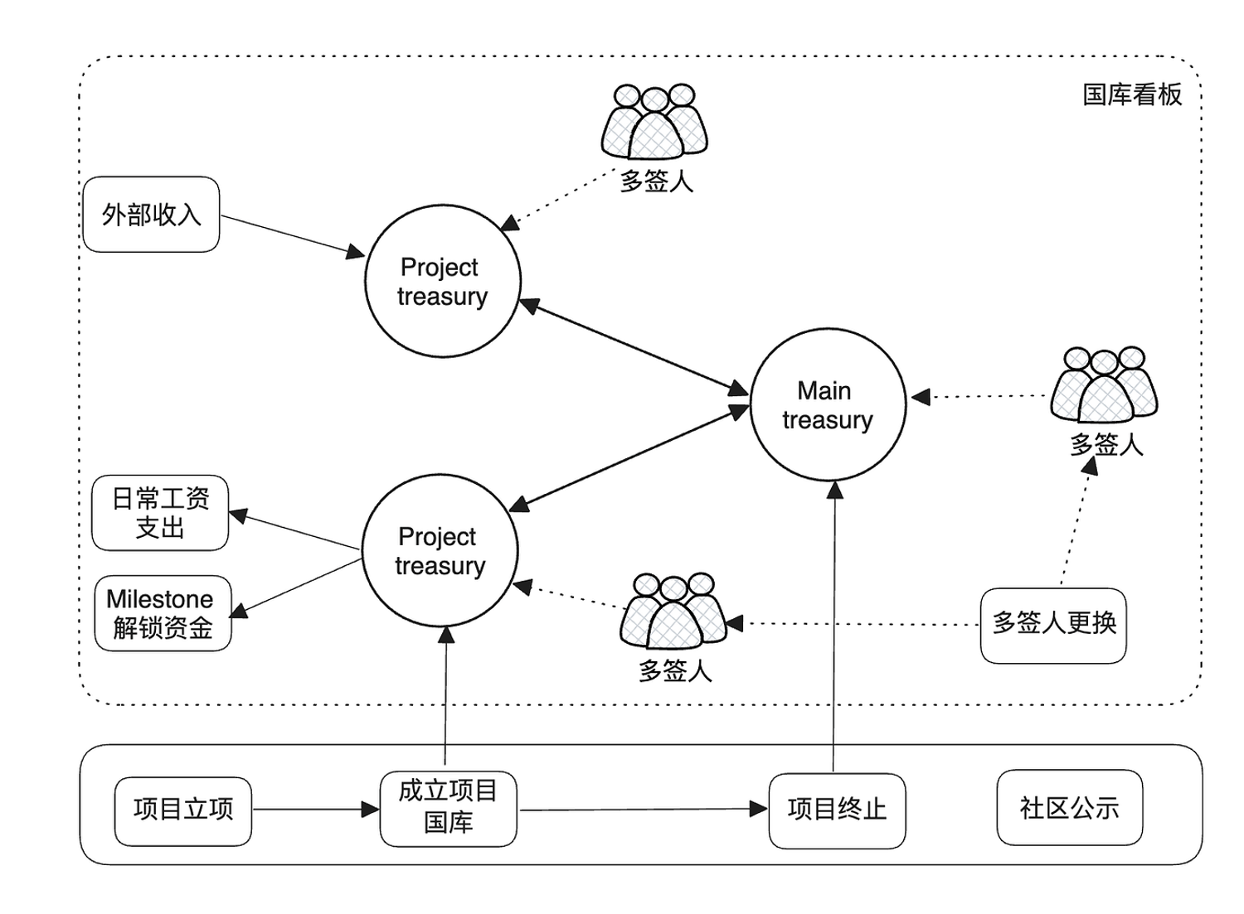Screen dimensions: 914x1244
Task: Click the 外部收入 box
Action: point(151,215)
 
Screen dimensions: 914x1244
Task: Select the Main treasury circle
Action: point(828,404)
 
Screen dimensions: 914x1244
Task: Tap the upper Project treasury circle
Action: point(443,282)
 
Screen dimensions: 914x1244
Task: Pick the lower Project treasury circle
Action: point(440,550)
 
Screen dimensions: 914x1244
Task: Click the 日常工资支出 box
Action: point(160,513)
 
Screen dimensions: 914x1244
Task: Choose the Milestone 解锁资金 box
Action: point(163,613)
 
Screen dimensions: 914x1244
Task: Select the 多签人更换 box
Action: point(1053,625)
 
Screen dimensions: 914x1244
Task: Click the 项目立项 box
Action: point(182,810)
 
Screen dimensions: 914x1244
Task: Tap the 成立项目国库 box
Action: point(448,809)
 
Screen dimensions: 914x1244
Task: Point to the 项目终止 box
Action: point(837,810)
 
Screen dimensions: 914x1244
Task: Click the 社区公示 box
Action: point(1069,808)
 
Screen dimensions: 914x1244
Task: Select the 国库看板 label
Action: point(1132,94)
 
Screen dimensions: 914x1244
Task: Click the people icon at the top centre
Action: point(654,123)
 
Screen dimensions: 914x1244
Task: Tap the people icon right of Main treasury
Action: point(1104,385)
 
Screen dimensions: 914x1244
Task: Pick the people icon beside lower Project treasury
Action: point(673,612)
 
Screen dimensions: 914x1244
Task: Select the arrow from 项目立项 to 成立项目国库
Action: point(315,810)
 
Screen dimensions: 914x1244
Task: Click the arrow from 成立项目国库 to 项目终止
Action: point(643,810)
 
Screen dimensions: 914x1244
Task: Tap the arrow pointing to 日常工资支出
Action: point(294,531)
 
